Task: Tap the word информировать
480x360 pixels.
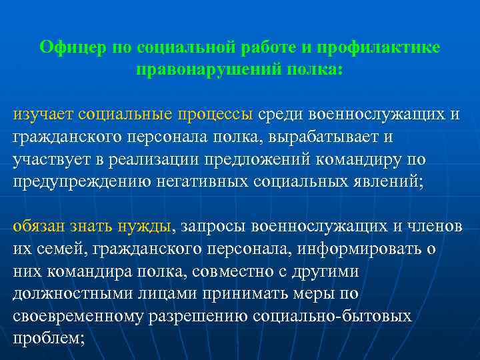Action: tap(367, 250)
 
